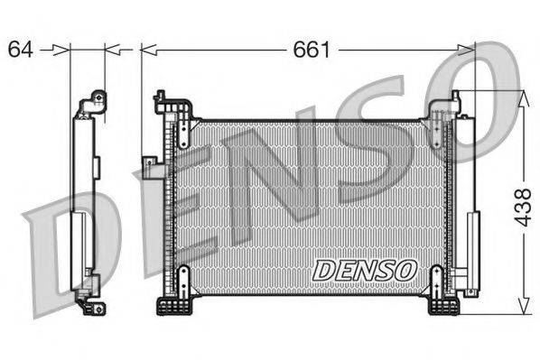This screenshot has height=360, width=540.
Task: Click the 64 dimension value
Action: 20,49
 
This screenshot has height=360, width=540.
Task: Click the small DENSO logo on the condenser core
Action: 364,268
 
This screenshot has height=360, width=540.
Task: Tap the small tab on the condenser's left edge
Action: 148,163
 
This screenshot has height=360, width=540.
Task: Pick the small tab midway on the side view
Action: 93,163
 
